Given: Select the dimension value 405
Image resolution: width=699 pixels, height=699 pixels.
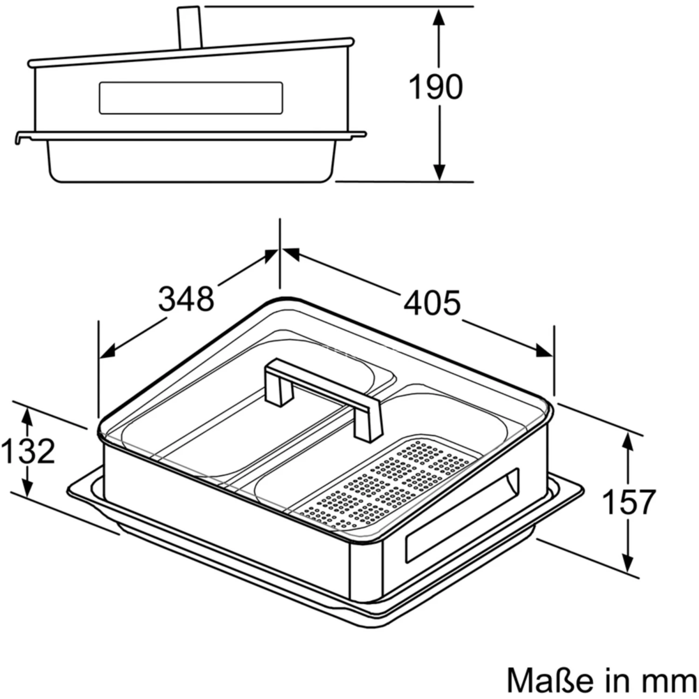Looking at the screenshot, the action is coord(432,303).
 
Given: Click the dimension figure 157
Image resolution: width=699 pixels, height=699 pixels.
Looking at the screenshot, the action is coord(629,501).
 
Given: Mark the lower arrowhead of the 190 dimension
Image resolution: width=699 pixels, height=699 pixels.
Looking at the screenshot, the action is coord(438,170).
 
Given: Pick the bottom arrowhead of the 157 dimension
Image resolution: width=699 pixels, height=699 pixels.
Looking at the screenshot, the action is coord(629,562).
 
